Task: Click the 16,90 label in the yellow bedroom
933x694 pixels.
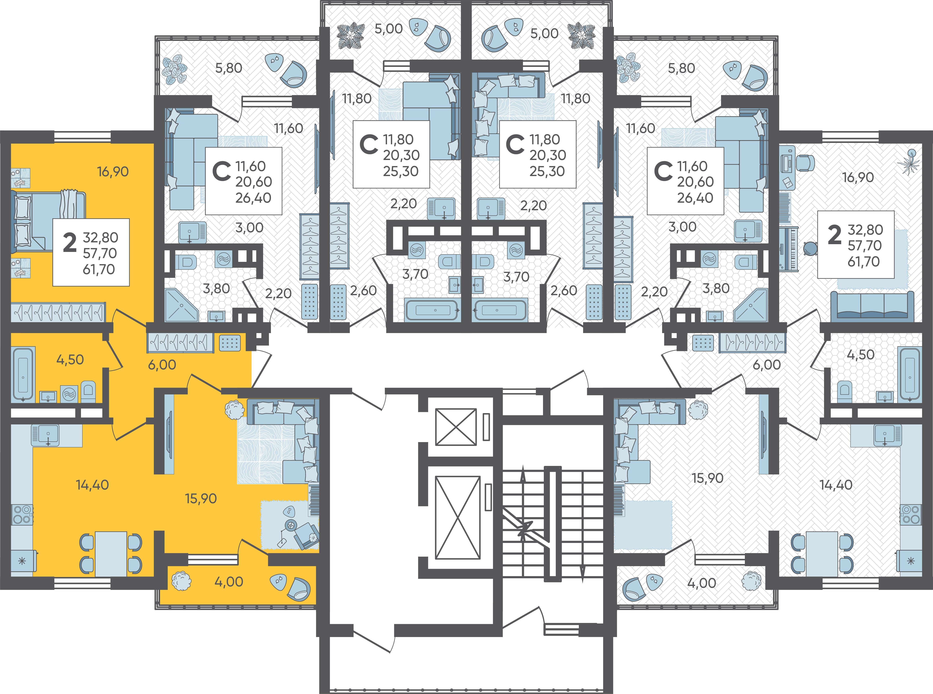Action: click(x=113, y=171)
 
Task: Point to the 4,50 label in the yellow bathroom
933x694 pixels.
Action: click(x=70, y=360)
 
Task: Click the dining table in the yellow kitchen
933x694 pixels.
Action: click(x=111, y=554)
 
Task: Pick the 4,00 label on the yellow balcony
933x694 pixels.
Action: click(x=229, y=582)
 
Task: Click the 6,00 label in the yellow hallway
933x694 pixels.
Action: click(x=162, y=365)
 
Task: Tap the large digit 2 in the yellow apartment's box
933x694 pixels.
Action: click(x=70, y=243)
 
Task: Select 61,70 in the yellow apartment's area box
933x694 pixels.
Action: click(x=99, y=269)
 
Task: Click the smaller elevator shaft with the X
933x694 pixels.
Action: click(x=456, y=427)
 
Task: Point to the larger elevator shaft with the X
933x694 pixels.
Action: click(x=458, y=518)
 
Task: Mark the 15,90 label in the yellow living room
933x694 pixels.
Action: click(x=201, y=499)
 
